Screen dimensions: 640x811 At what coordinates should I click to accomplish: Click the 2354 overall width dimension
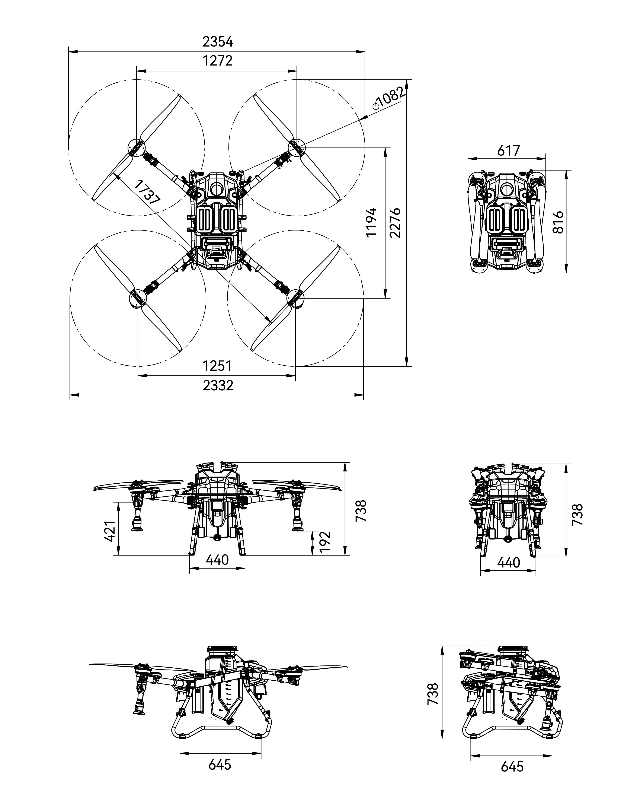pos(218,42)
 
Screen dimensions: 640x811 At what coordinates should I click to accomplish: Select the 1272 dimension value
pos(217,61)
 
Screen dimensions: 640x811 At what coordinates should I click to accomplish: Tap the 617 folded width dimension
pos(508,151)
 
